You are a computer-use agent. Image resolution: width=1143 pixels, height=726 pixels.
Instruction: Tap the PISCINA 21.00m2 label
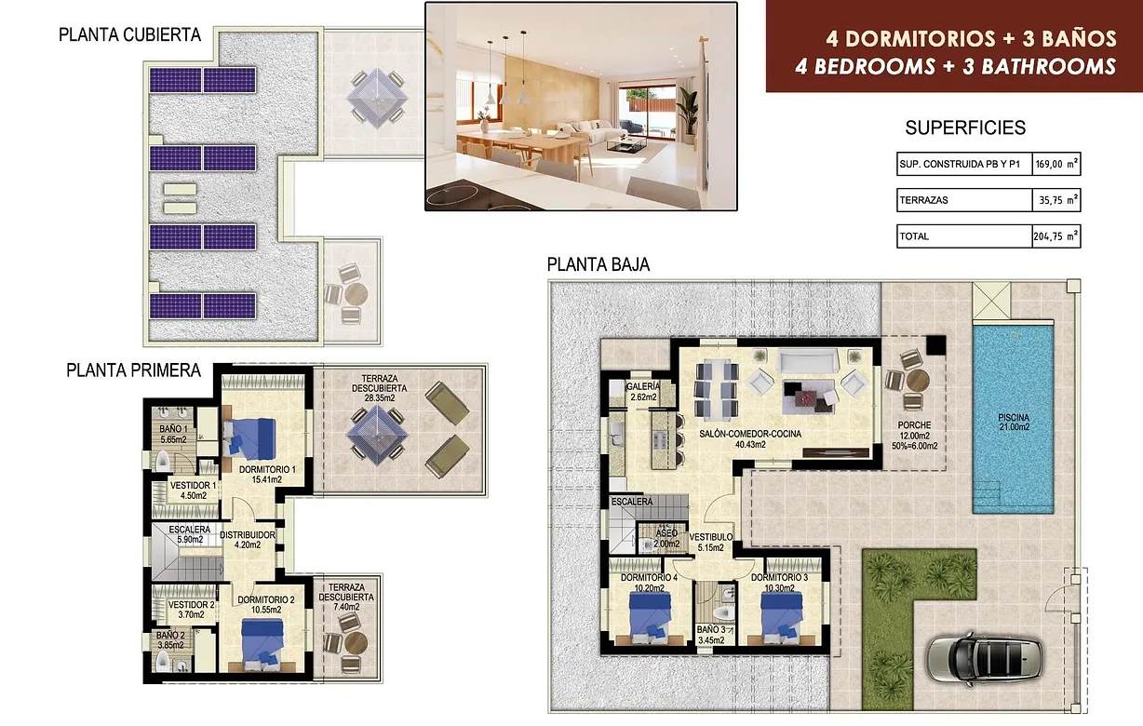(x=1013, y=422)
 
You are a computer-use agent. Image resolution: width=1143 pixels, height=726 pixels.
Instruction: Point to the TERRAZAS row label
(x=925, y=200)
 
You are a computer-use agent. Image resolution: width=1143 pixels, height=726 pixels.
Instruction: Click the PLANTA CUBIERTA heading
(x=129, y=35)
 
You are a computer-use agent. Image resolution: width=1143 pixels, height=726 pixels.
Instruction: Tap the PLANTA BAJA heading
(x=598, y=264)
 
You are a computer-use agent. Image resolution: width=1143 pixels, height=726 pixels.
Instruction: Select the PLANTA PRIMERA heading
(x=133, y=370)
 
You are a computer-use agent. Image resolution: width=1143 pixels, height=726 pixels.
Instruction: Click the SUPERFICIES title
(x=965, y=128)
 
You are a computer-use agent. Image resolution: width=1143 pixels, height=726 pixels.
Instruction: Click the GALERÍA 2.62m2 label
(x=643, y=391)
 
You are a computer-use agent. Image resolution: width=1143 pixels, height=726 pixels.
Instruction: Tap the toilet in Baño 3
(x=724, y=612)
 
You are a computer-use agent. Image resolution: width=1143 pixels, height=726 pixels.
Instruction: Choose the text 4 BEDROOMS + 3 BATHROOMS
(x=955, y=66)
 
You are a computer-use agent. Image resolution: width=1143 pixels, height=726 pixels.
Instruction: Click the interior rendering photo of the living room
(x=581, y=106)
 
